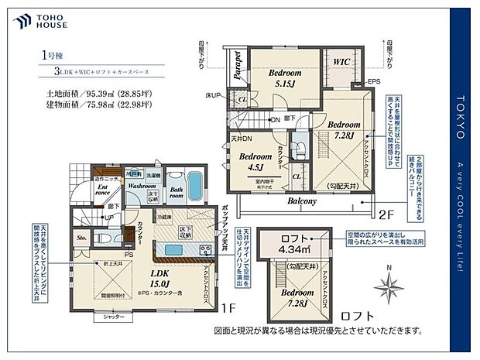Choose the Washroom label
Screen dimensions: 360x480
[143, 187]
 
